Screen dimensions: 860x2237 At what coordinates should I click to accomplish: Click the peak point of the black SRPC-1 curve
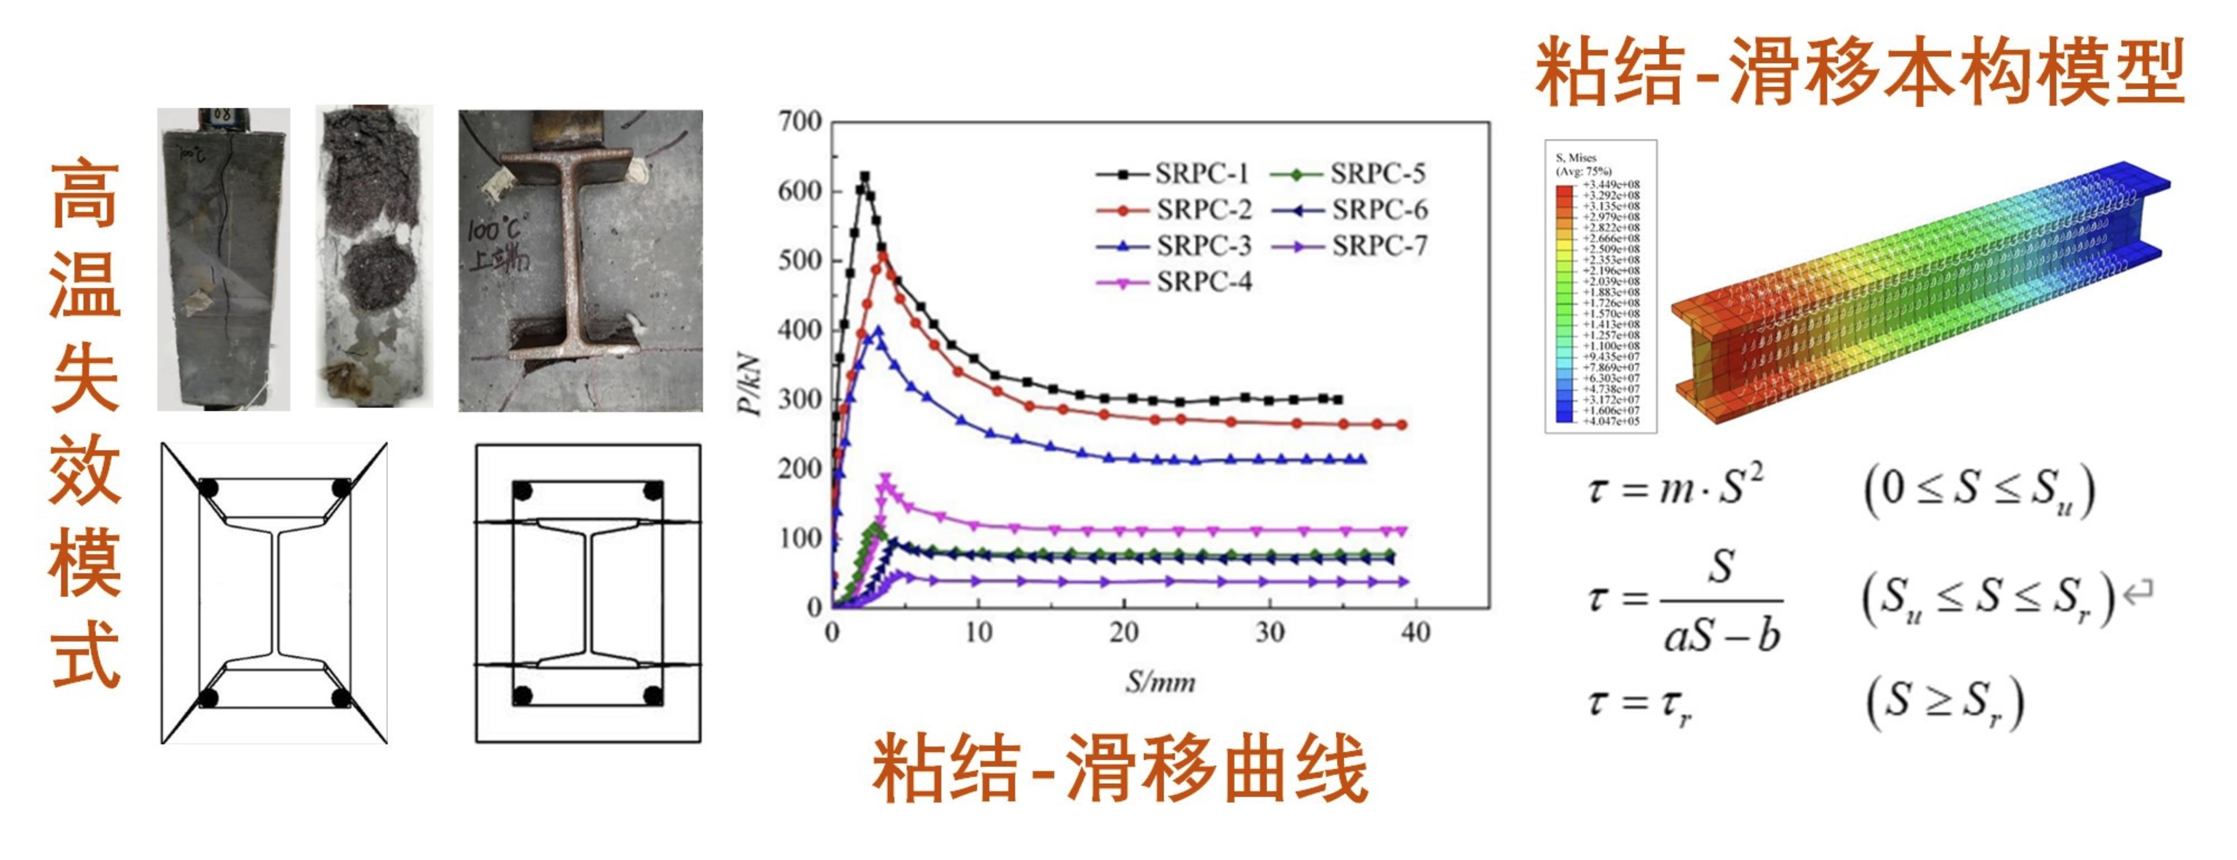pyautogui.click(x=864, y=176)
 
